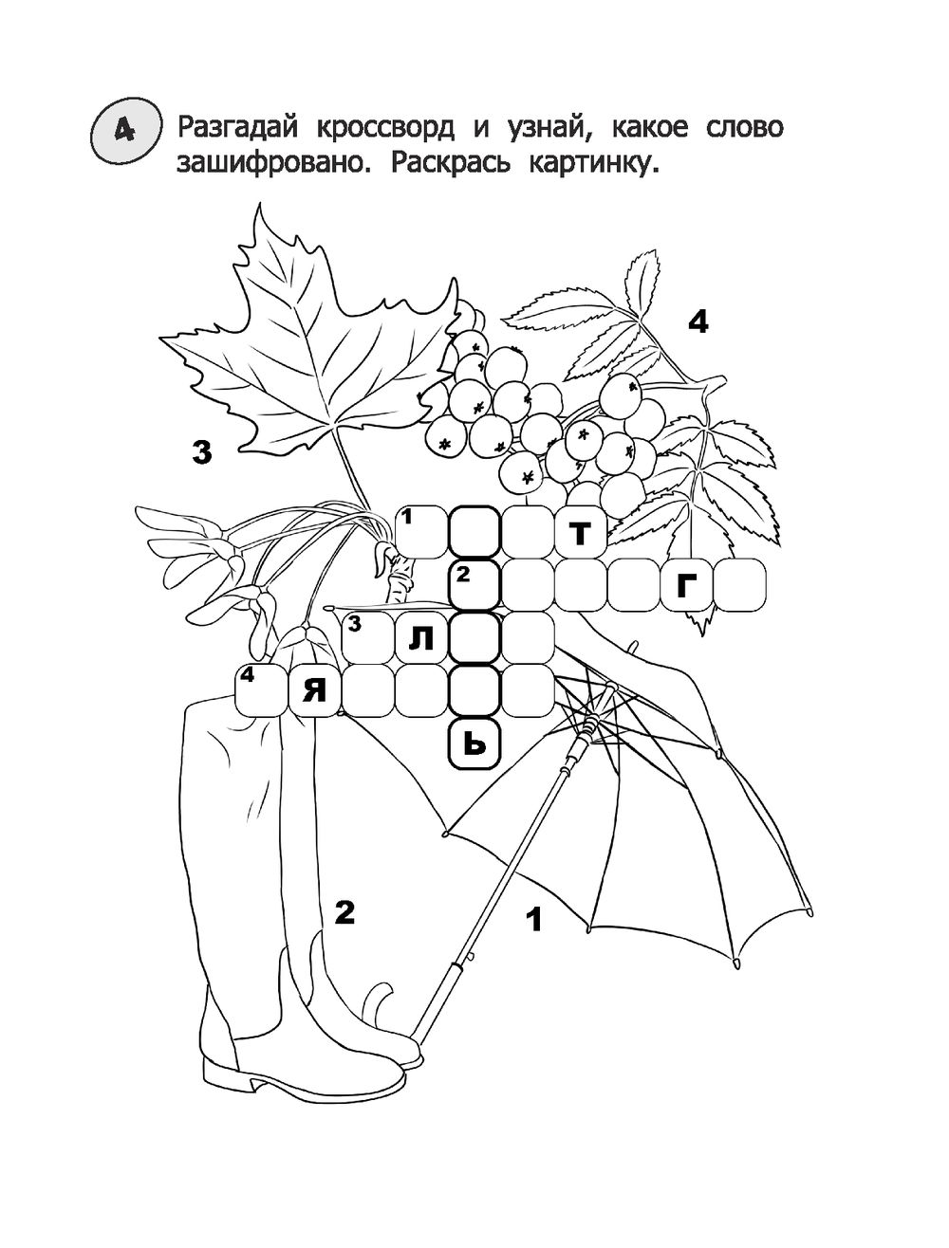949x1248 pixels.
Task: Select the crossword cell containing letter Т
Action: (581, 533)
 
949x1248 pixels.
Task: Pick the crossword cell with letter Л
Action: (420, 638)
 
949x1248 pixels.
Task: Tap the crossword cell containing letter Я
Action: (313, 691)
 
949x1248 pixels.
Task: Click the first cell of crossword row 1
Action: (420, 533)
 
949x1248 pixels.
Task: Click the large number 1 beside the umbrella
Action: (533, 919)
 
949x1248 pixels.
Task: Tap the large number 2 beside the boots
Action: (344, 912)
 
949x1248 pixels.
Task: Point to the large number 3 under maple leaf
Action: (200, 452)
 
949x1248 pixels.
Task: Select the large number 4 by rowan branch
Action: (698, 323)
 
